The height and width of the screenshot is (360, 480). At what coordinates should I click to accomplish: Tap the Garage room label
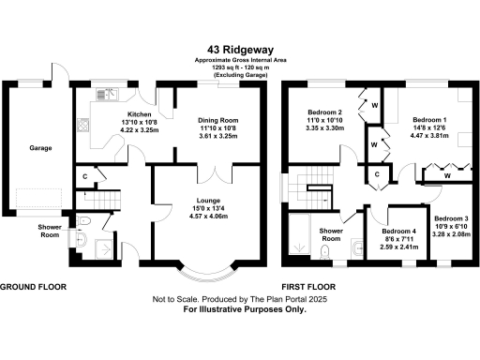[39, 148]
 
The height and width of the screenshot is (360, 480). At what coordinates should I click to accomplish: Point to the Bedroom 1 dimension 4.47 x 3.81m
[430, 136]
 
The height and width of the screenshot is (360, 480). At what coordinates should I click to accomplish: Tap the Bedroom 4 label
[399, 232]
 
